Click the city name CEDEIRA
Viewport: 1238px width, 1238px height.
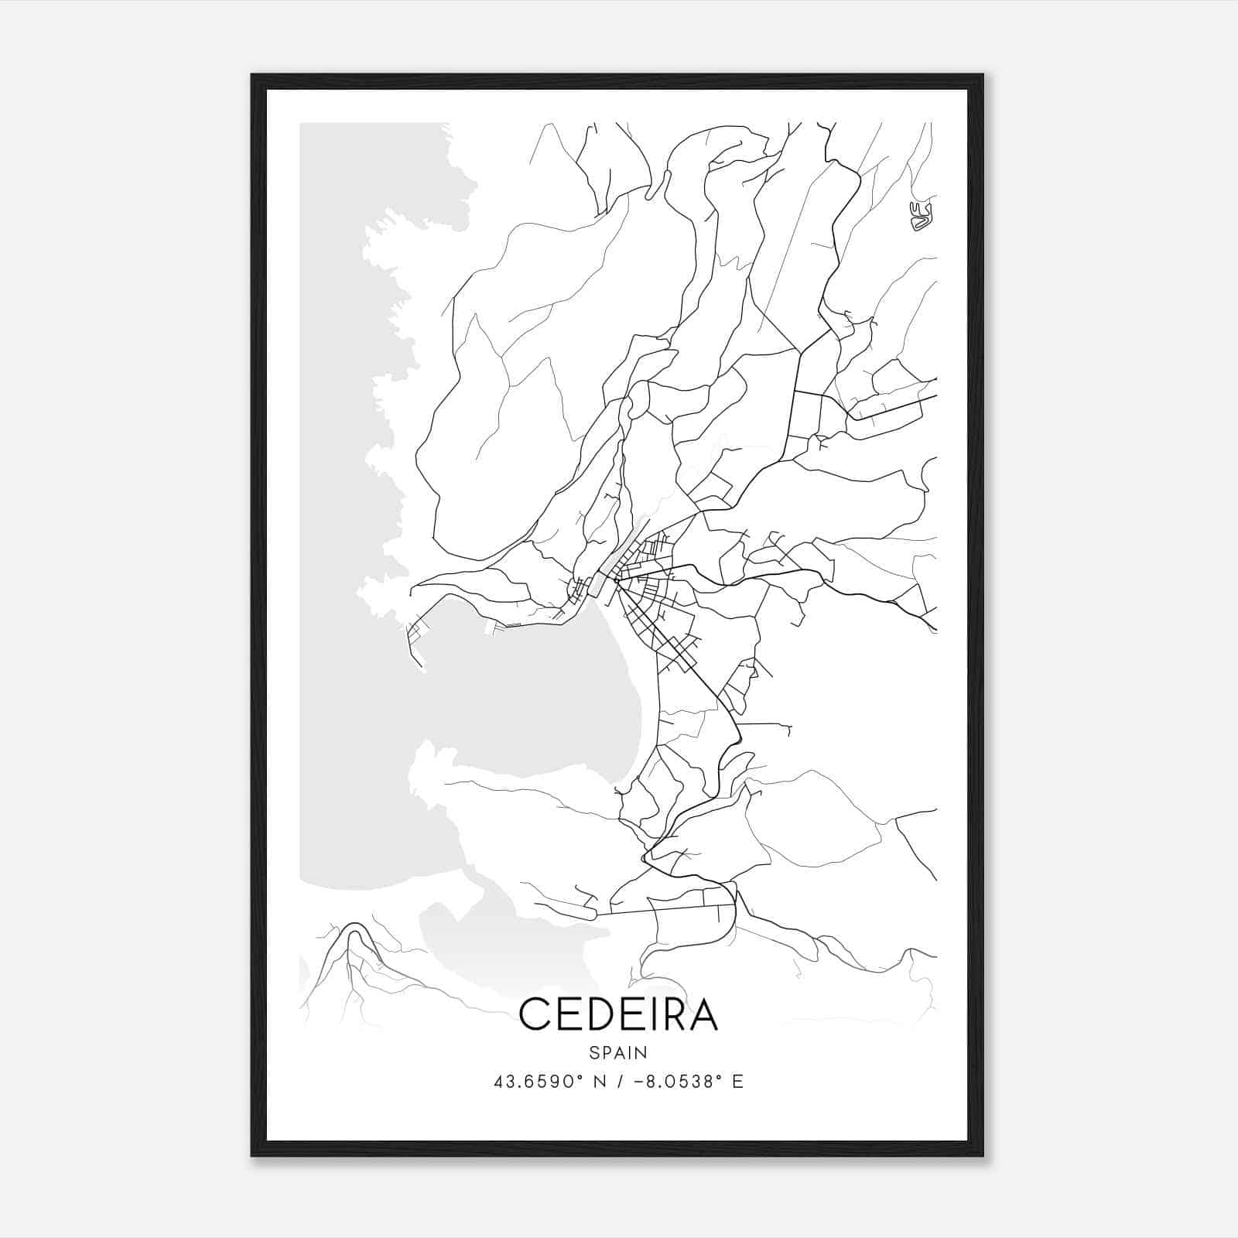click(618, 1014)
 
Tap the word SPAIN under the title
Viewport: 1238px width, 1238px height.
click(618, 1052)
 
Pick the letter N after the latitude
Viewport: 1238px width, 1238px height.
click(597, 1082)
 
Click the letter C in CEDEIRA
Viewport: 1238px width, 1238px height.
click(535, 1014)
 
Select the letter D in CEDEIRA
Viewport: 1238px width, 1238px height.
click(603, 1014)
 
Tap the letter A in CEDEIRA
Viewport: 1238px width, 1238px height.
click(703, 1014)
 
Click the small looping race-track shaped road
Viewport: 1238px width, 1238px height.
click(922, 217)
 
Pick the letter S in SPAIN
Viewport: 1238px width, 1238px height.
click(593, 1052)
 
